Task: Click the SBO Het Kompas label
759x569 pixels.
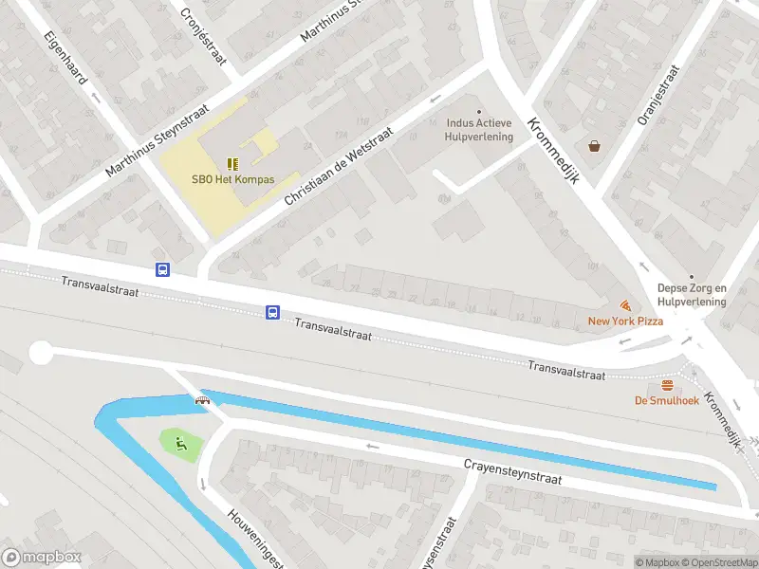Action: click(232, 179)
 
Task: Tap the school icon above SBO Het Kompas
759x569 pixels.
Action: click(232, 163)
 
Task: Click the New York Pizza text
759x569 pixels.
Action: click(625, 321)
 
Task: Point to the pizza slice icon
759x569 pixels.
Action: click(625, 305)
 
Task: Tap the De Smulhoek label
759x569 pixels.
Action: click(666, 400)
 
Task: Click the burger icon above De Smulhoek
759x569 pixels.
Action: click(666, 385)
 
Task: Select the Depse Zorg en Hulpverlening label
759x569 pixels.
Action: click(692, 295)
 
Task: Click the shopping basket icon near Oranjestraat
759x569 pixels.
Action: click(594, 146)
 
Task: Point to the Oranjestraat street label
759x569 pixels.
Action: click(659, 95)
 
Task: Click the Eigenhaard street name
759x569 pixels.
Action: click(65, 57)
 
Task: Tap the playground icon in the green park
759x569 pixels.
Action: click(179, 441)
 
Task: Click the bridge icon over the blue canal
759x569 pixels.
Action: click(202, 400)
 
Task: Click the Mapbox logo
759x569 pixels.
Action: click(42, 558)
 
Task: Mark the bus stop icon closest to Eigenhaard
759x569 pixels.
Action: click(162, 269)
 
